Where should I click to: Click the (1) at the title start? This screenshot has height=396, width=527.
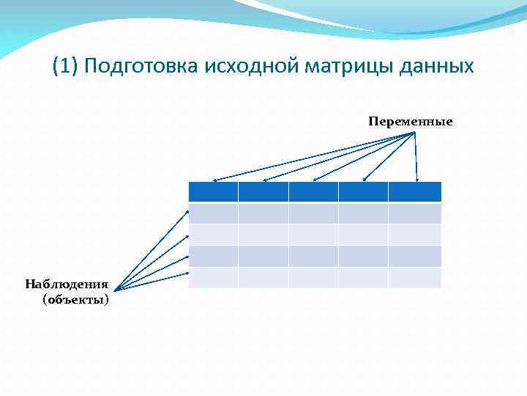[x=66, y=67]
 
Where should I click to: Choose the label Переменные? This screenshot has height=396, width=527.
[x=411, y=121]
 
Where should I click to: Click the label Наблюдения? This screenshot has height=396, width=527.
[x=67, y=284]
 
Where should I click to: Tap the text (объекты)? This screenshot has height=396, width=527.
[x=76, y=299]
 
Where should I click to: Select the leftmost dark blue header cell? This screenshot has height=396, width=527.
[x=213, y=192]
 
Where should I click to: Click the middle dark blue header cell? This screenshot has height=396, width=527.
[x=313, y=192]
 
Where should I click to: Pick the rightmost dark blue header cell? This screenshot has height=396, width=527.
[x=415, y=192]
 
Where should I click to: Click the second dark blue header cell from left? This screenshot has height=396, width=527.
[x=263, y=192]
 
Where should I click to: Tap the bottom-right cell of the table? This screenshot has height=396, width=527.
[x=415, y=278]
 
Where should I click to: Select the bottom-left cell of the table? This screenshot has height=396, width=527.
[x=213, y=278]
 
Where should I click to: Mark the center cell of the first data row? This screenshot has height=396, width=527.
[x=313, y=213]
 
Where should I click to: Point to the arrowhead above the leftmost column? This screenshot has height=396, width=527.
[x=214, y=180]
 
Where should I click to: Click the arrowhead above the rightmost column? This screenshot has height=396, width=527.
[x=417, y=179]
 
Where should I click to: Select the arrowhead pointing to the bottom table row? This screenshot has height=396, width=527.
[x=187, y=274]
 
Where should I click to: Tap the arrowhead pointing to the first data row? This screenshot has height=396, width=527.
[x=187, y=212]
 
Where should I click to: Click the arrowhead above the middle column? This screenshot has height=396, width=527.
[x=315, y=180]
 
